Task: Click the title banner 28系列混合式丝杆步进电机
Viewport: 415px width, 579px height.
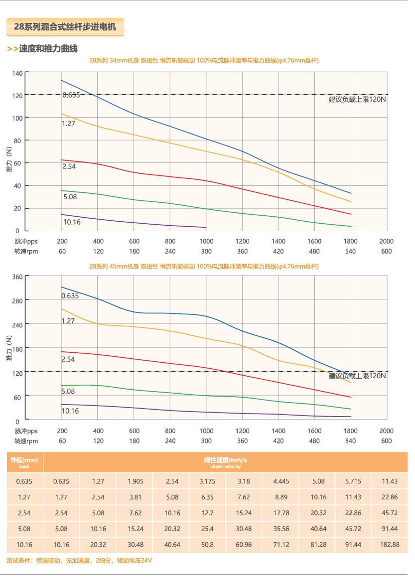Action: [65, 27]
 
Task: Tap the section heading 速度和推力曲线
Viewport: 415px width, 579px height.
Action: [48, 49]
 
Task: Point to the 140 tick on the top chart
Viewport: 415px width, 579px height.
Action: [18, 73]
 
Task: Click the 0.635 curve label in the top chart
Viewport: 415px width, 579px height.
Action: [71, 95]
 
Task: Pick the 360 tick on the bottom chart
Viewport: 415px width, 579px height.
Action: [18, 277]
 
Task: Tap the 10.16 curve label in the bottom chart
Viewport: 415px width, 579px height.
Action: [70, 411]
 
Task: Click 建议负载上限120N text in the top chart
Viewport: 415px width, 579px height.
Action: [357, 99]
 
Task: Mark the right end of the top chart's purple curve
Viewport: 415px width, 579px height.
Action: [206, 227]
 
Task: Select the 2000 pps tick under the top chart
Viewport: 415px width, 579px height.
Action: [386, 242]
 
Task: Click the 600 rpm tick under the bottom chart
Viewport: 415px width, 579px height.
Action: [386, 441]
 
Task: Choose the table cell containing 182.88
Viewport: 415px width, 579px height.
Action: [390, 545]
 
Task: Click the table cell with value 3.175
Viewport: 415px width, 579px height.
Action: [207, 481]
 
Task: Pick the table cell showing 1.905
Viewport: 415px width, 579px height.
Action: [135, 481]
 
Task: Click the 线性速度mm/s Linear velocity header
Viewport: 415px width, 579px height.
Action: [225, 462]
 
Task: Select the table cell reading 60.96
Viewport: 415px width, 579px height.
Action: [244, 545]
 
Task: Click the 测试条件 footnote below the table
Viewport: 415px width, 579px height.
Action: [79, 561]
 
